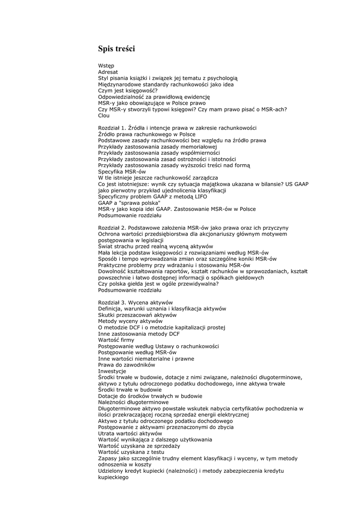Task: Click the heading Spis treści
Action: click(x=116, y=49)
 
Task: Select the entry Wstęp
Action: click(x=106, y=65)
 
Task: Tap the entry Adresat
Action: click(x=108, y=72)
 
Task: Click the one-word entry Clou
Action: click(x=104, y=116)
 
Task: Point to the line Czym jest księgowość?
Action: click(x=128, y=90)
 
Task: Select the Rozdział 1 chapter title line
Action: click(x=177, y=128)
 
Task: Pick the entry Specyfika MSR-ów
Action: click(x=122, y=172)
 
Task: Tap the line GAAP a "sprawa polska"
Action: click(x=129, y=203)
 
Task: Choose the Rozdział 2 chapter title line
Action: click(x=193, y=228)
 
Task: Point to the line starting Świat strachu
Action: click(x=155, y=247)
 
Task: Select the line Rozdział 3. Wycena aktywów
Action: click(x=135, y=303)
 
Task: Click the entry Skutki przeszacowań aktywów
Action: click(x=137, y=315)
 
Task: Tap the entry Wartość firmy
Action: click(x=116, y=340)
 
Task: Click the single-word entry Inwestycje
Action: click(x=112, y=371)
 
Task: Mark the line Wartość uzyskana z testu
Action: click(x=131, y=452)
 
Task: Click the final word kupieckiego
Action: click(x=113, y=477)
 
